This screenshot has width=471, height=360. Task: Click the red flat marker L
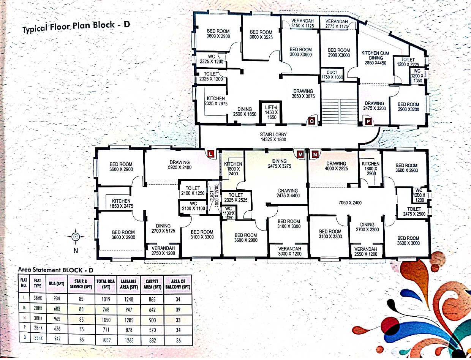point(211,153)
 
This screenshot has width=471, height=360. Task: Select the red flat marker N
point(315,154)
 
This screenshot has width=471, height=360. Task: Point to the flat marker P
point(368,121)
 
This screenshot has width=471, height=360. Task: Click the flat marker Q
point(311,121)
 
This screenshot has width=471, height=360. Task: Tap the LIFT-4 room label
point(272,112)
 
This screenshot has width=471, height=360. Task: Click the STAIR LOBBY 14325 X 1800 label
point(273,137)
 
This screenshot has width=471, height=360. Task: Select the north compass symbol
point(75,237)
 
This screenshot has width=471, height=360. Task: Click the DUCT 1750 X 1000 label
point(332,75)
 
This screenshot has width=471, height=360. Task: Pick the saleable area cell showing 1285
point(129,320)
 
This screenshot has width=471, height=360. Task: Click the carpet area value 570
point(152,330)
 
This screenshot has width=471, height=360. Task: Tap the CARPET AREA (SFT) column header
point(152,284)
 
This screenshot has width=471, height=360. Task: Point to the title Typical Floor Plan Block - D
point(76,28)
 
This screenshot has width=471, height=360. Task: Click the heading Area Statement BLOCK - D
point(55,270)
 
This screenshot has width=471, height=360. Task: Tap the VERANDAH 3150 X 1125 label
point(302,23)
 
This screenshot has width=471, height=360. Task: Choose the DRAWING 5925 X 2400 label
point(181,165)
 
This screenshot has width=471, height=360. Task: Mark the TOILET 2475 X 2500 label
point(414,212)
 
